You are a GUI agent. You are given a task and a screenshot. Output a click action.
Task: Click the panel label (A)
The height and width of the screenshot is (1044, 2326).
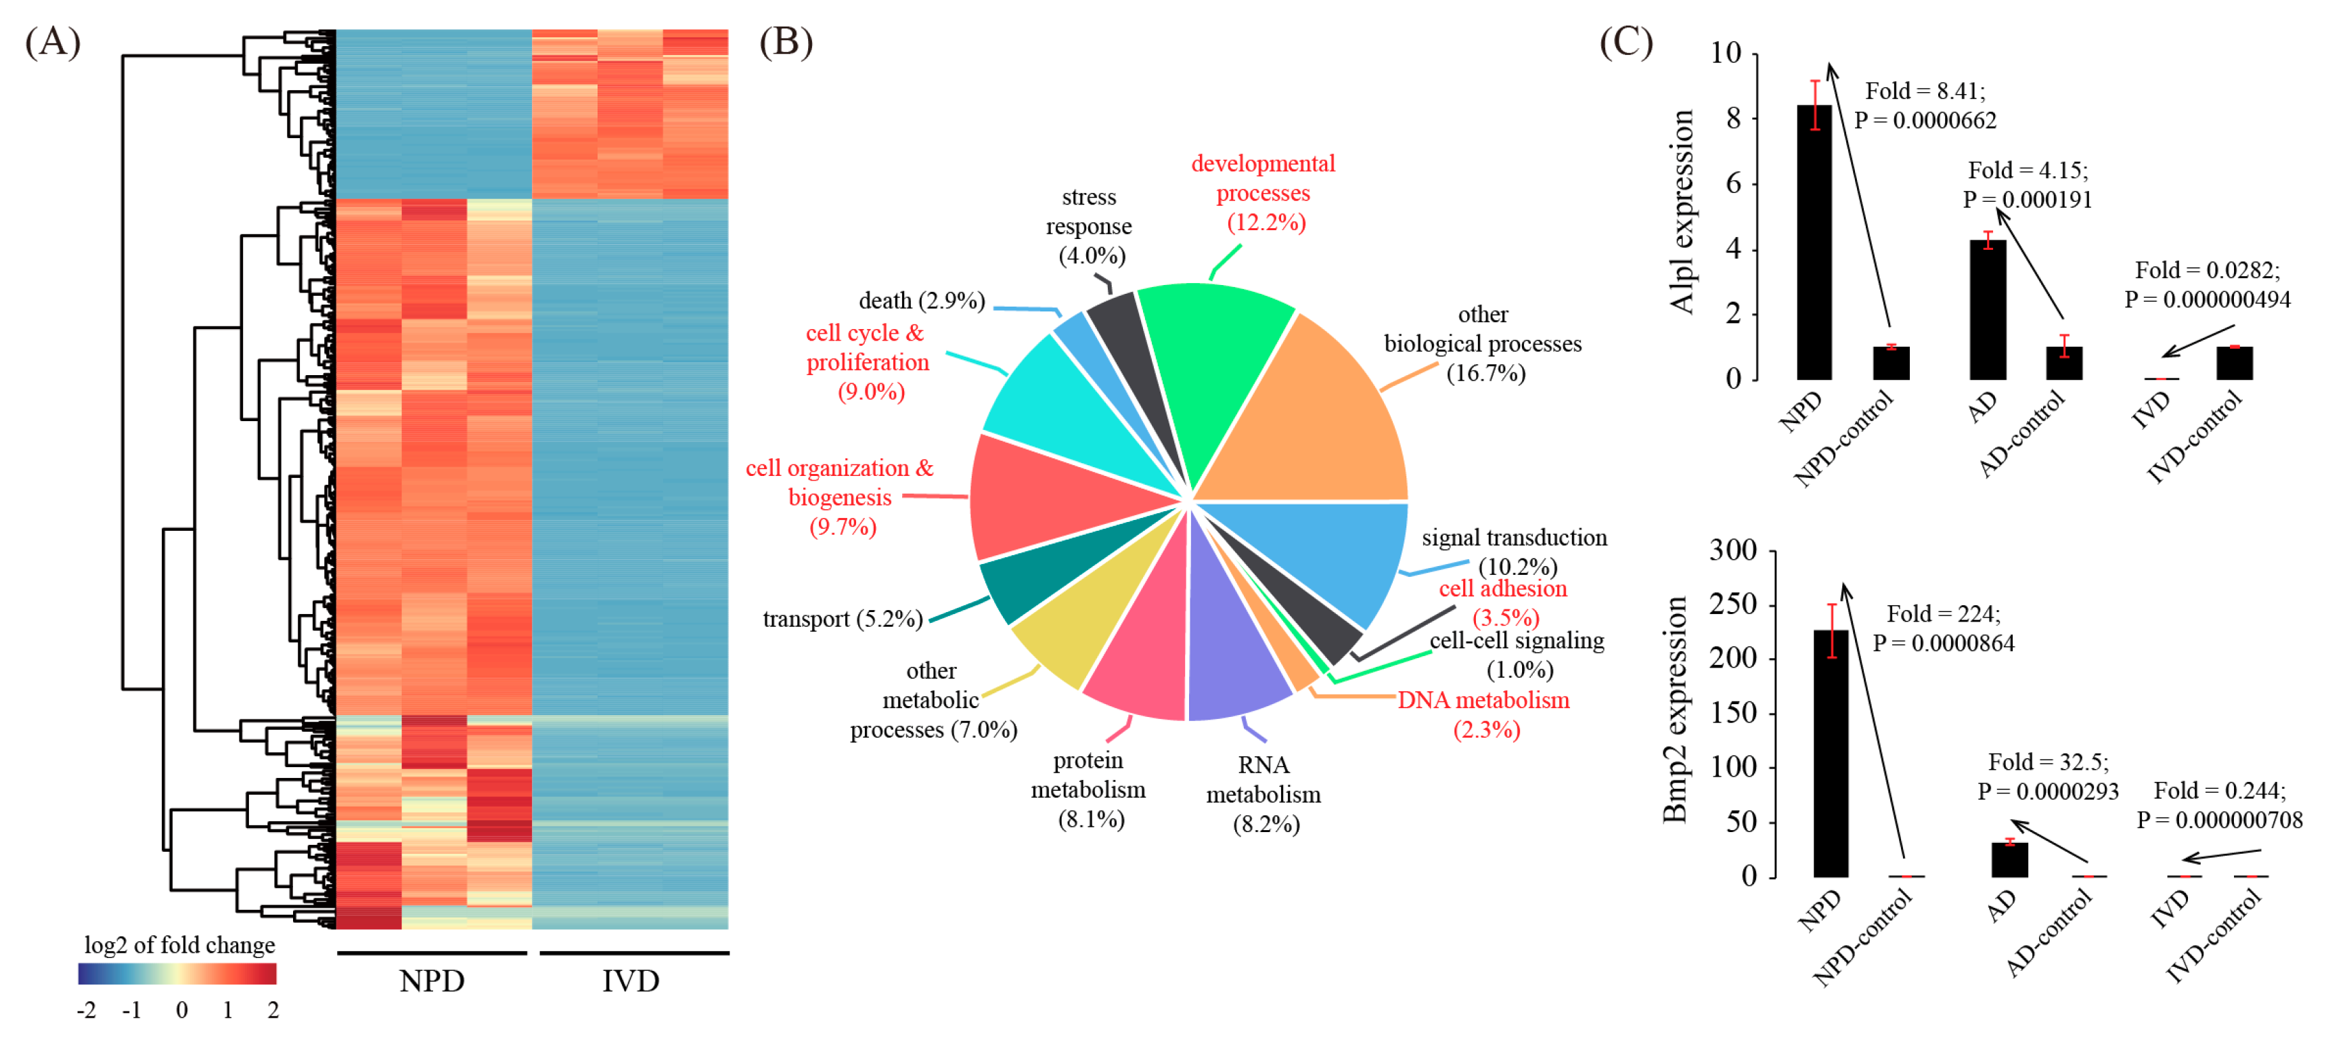(52, 43)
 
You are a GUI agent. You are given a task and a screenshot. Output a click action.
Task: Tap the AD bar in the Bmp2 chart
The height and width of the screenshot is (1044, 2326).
(2009, 859)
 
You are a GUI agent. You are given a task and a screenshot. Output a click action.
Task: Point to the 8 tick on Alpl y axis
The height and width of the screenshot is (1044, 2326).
(1734, 118)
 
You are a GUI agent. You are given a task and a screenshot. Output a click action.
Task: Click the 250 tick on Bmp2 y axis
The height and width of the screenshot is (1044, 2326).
(1732, 604)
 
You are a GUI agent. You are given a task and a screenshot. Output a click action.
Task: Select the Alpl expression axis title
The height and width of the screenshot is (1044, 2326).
(1681, 211)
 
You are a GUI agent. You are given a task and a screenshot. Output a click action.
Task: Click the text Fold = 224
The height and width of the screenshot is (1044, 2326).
(1943, 614)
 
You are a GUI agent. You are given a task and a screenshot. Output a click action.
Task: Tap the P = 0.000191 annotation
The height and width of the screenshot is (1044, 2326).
(2027, 200)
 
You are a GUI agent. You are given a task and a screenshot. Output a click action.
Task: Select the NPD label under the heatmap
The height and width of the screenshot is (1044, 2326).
(432, 981)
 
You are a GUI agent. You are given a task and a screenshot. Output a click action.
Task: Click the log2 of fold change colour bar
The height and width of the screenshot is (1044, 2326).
(177, 974)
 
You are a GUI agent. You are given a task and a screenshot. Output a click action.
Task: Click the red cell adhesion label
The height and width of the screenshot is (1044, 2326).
(1502, 590)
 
